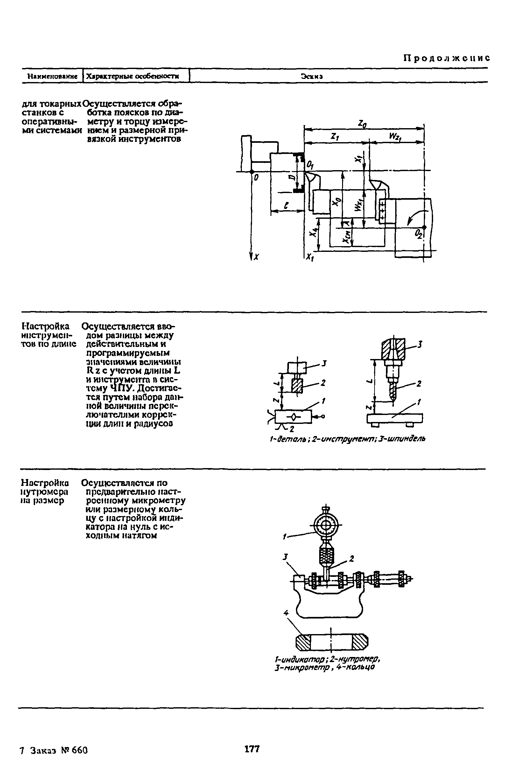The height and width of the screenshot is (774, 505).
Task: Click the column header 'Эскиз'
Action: [312, 76]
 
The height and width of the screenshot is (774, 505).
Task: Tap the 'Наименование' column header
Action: [53, 76]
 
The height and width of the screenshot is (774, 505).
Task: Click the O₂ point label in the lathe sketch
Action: [418, 234]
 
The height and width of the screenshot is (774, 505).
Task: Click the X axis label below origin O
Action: [256, 257]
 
